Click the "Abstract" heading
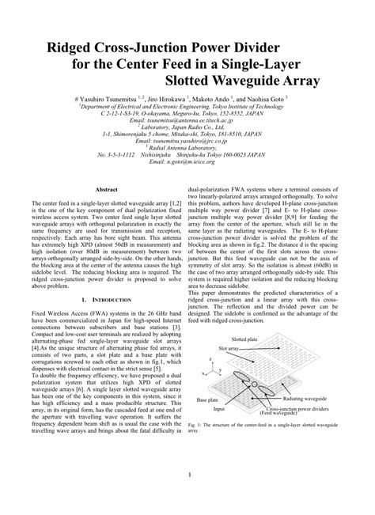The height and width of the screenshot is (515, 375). click(106, 190)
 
